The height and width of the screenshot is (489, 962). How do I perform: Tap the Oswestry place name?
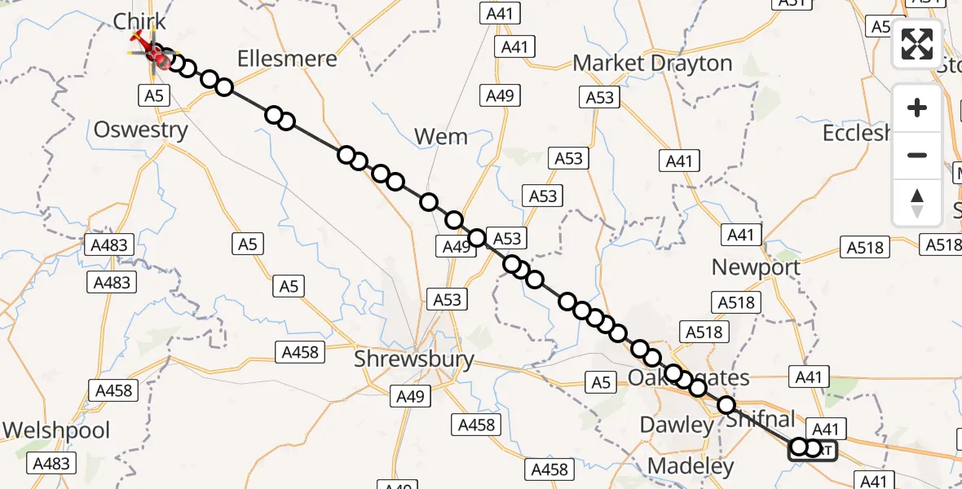pos(141,130)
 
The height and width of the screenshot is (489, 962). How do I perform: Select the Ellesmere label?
pos(287,59)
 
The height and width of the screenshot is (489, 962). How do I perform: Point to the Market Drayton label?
pos(652,63)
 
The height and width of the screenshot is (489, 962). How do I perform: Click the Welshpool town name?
pos(56,430)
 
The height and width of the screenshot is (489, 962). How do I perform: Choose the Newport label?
pos(756,267)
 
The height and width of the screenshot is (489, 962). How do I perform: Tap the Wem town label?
pos(441,136)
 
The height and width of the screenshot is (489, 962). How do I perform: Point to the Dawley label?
pos(676,424)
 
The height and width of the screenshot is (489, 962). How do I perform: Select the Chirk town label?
pos(139,21)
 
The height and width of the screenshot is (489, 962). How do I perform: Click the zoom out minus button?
pos(917,155)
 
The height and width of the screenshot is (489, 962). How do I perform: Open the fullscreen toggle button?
pos(917,44)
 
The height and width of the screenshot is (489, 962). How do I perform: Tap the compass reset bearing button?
pos(917,202)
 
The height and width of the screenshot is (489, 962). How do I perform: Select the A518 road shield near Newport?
pos(738,303)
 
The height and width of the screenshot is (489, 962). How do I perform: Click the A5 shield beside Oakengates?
pos(601,382)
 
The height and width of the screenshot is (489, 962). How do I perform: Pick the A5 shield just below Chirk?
pos(152,95)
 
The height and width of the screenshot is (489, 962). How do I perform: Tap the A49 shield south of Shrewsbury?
pos(410,396)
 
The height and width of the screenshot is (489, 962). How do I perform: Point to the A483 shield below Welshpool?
pos(52,464)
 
